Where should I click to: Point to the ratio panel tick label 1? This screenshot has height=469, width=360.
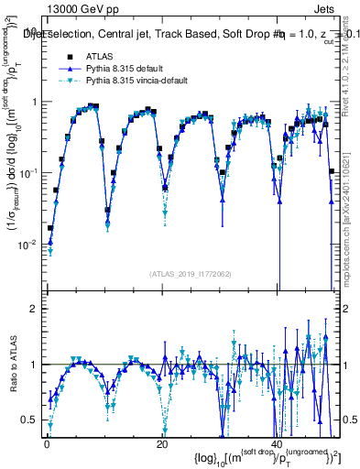(33, 365)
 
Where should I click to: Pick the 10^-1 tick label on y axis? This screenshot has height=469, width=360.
(27, 172)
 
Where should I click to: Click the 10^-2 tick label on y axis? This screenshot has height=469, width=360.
(27, 244)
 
